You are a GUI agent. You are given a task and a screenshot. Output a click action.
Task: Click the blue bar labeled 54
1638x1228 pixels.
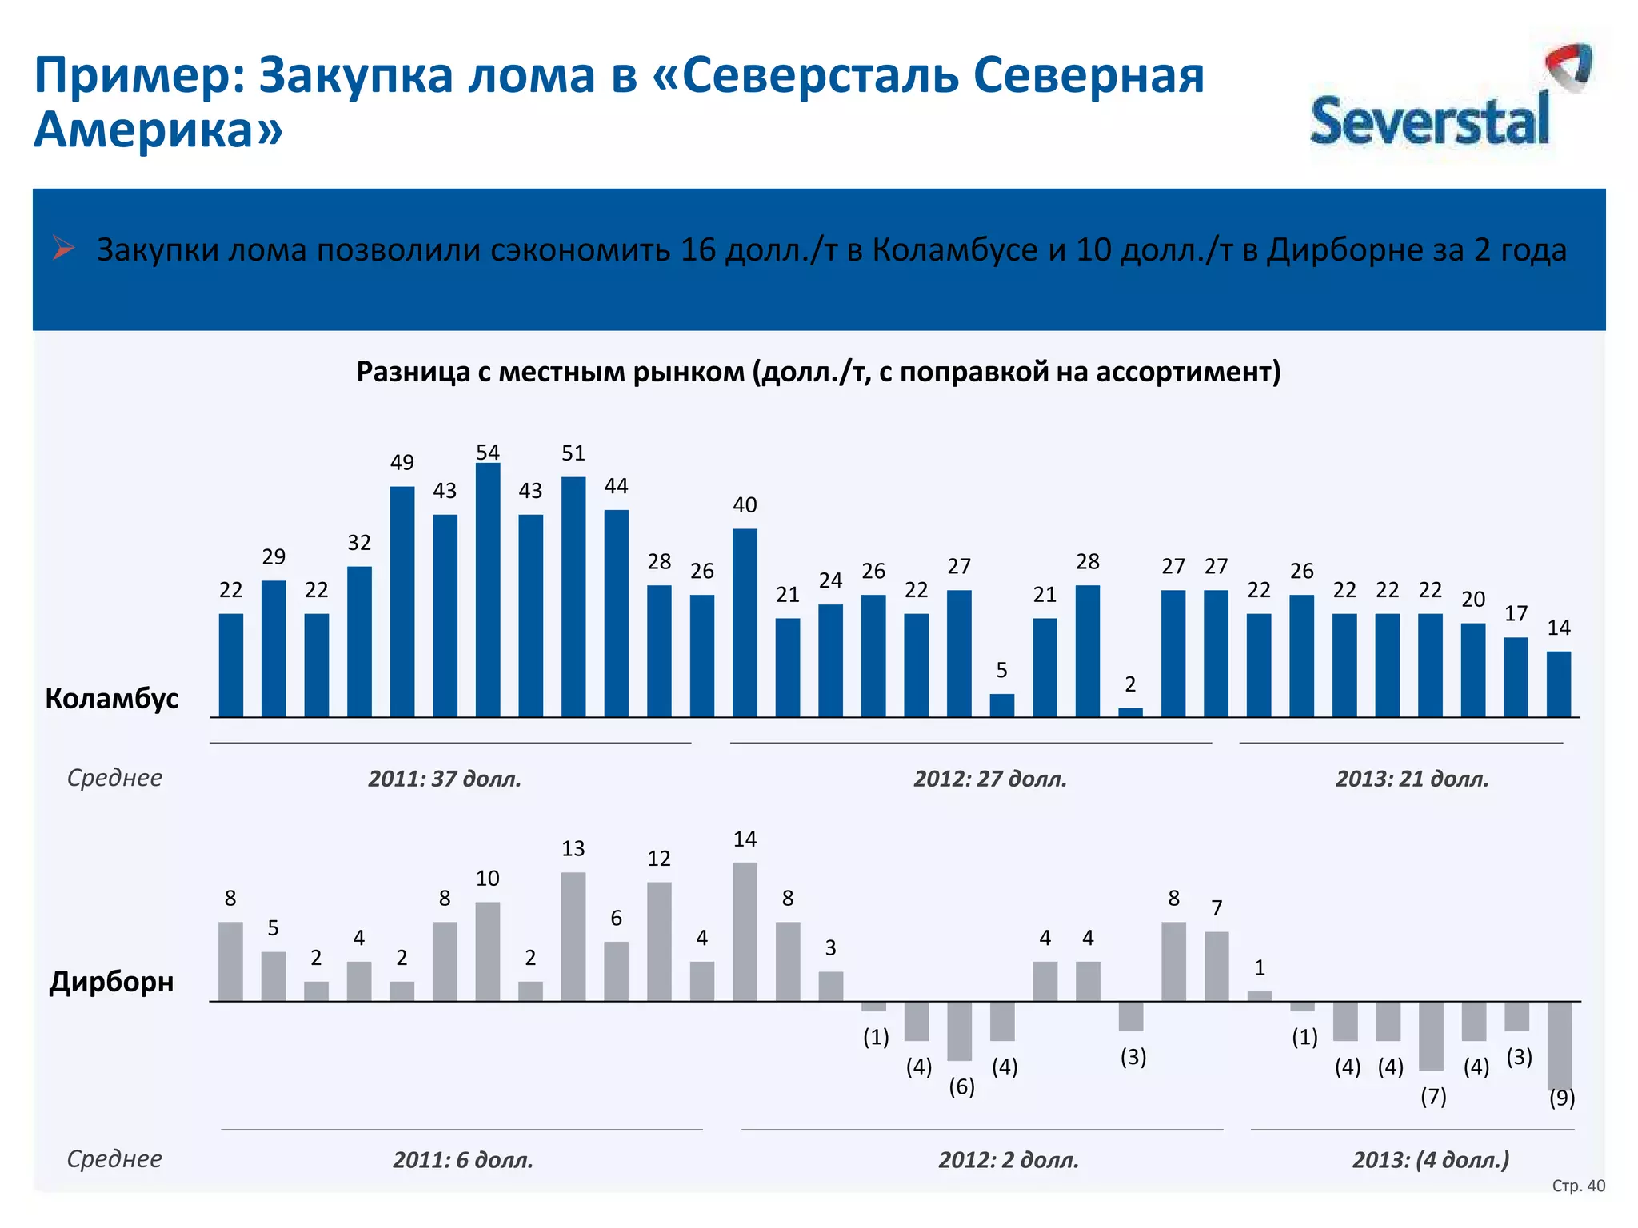[x=488, y=589]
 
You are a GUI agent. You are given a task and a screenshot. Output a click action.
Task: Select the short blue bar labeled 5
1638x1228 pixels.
[x=1001, y=705]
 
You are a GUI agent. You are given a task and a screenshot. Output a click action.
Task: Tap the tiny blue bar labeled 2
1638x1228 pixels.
[x=1130, y=712]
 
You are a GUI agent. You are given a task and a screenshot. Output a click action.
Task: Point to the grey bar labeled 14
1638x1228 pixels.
[x=745, y=931]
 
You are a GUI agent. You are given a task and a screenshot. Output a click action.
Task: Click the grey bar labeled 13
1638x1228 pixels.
[x=573, y=936]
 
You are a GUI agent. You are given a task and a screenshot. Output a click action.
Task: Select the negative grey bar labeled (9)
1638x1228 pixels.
[x=1559, y=1044]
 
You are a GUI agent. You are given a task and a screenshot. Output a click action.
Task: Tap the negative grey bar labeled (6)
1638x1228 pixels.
[x=959, y=1031]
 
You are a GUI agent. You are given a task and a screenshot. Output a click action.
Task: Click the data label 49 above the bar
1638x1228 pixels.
[x=402, y=463]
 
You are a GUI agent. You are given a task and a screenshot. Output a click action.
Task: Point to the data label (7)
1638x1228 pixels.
[x=1433, y=1096]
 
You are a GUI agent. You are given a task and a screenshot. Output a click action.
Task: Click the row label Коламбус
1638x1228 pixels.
[x=112, y=699]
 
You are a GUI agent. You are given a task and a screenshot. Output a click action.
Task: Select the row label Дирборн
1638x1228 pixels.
[x=112, y=981]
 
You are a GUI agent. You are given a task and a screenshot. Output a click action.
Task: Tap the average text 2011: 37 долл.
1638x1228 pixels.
[x=445, y=779]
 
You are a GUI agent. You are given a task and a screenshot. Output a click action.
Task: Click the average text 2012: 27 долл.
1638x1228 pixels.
[x=990, y=779]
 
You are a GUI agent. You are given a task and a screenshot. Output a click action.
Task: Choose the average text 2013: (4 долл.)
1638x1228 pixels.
[x=1431, y=1160]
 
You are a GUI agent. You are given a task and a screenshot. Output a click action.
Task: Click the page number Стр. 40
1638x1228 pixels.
[x=1578, y=1186]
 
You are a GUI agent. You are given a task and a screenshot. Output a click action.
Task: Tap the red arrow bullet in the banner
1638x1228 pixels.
[x=63, y=249]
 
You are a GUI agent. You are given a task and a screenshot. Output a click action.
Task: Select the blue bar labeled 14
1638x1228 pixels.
[x=1559, y=684]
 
